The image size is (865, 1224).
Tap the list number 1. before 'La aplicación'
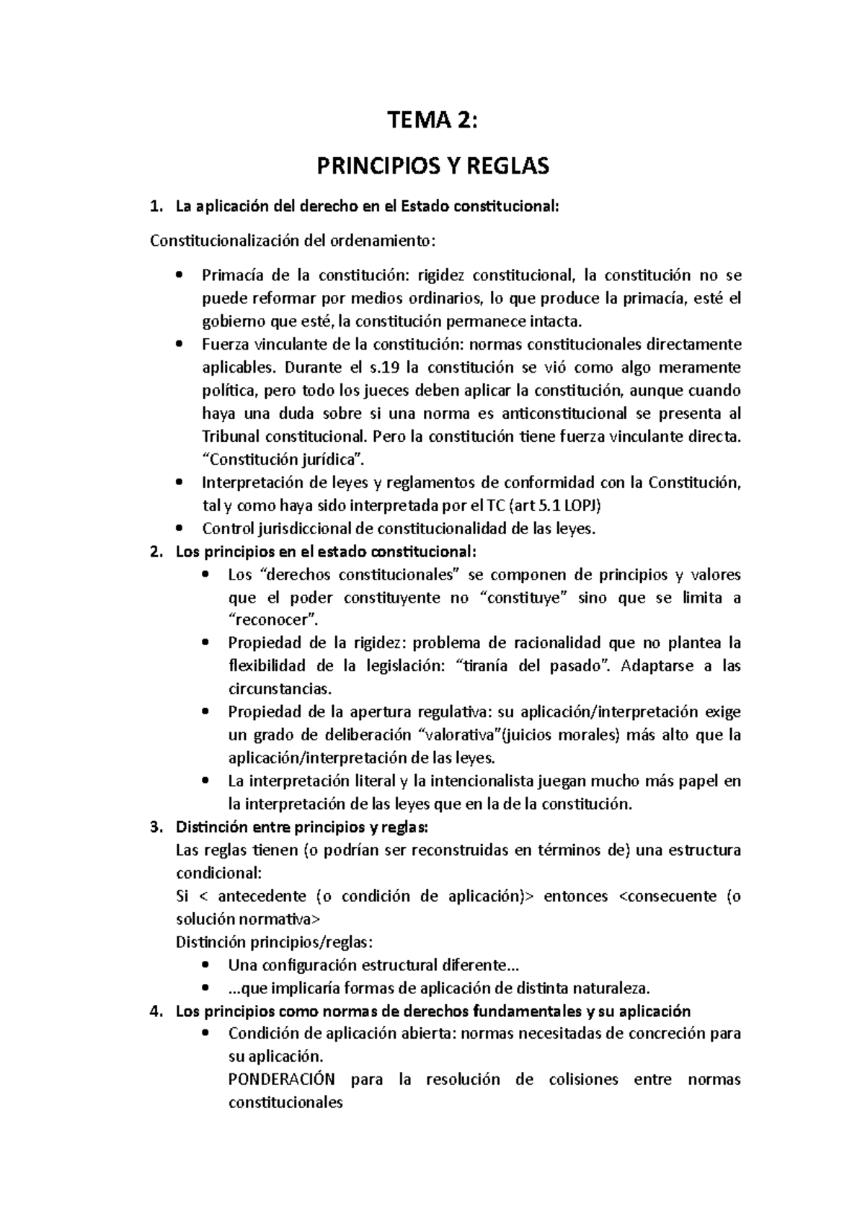coord(155,208)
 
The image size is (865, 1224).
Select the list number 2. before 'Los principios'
coord(155,552)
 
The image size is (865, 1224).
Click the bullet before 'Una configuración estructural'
coord(205,965)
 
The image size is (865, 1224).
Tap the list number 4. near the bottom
coord(155,1011)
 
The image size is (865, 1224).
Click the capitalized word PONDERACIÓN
coord(282,1080)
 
